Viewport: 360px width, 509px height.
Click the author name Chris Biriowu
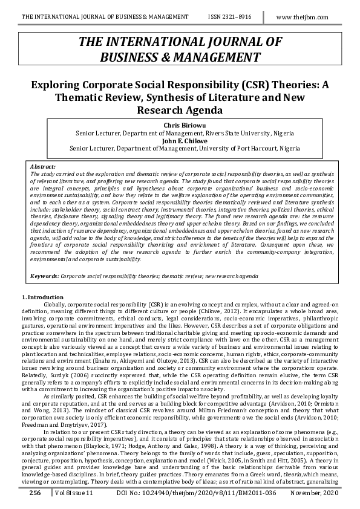coord(180,125)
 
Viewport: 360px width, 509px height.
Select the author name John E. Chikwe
coord(180,139)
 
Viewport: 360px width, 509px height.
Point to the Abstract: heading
coord(42,165)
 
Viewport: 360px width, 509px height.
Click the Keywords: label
coord(45,276)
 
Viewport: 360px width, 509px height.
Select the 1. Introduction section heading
coord(42,297)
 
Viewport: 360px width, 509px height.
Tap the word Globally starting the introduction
coord(54,305)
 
